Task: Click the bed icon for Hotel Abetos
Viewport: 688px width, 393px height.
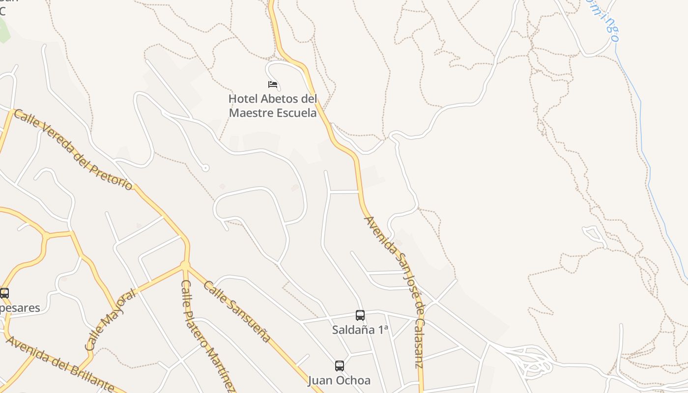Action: pyautogui.click(x=273, y=84)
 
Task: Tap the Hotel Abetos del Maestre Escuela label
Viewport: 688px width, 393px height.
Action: pyautogui.click(x=273, y=106)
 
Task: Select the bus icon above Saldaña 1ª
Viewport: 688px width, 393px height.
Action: pyautogui.click(x=360, y=315)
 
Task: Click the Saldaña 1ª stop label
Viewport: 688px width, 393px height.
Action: pyautogui.click(x=360, y=330)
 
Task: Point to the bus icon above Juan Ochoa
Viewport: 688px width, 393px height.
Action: pyautogui.click(x=340, y=366)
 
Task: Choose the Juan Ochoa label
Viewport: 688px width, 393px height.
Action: pyautogui.click(x=339, y=380)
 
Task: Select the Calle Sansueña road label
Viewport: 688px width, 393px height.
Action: pyautogui.click(x=237, y=311)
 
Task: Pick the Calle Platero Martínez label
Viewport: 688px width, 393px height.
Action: pyautogui.click(x=206, y=334)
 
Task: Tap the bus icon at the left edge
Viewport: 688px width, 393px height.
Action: pyautogui.click(x=4, y=293)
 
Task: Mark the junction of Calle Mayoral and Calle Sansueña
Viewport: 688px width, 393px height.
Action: pyautogui.click(x=185, y=265)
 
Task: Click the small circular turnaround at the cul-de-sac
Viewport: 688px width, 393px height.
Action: pyautogui.click(x=205, y=168)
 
